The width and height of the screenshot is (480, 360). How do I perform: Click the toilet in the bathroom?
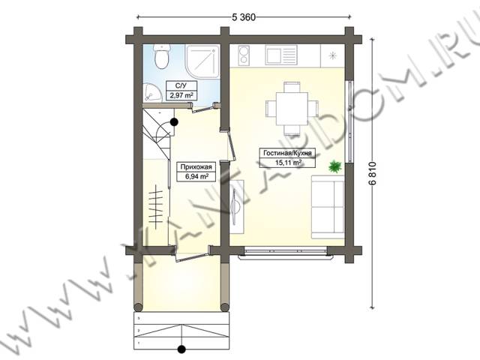(x=162, y=57)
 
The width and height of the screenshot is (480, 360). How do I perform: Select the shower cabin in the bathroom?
(x=202, y=61)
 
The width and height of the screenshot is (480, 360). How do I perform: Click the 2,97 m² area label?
(x=181, y=95)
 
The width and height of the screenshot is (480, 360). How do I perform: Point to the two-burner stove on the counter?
(x=244, y=55)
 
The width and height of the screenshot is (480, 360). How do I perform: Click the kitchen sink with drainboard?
(x=281, y=55)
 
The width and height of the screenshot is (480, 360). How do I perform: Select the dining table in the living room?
(x=292, y=109)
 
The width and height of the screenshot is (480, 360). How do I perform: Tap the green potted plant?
(x=335, y=166)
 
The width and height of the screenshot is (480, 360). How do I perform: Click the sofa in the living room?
(x=328, y=207)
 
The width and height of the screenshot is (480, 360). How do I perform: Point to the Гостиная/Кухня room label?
(x=287, y=153)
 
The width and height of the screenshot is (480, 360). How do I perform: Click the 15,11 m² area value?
(x=288, y=163)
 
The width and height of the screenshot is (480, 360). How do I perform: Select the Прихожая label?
(x=196, y=167)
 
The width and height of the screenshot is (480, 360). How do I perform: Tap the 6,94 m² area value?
(x=196, y=177)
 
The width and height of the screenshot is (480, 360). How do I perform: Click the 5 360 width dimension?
(x=244, y=17)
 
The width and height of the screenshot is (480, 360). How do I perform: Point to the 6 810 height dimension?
(x=373, y=173)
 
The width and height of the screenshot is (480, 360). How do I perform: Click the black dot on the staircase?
(x=174, y=122)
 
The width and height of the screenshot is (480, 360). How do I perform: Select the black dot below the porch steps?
(x=181, y=349)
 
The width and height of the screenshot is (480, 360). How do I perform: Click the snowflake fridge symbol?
(x=332, y=55)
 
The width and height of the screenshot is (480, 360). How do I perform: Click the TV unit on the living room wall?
(x=237, y=207)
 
